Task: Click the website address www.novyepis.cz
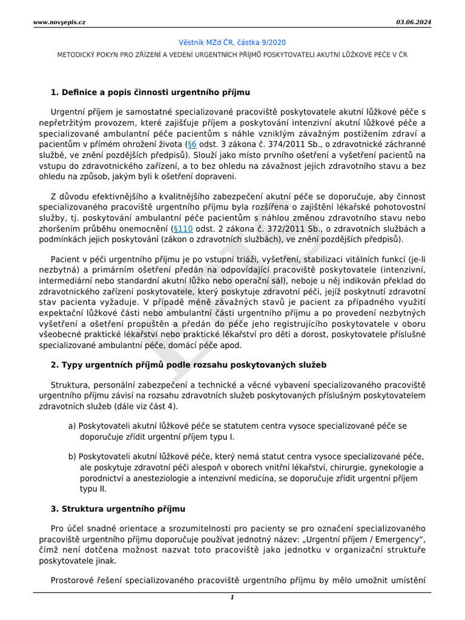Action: (59, 22)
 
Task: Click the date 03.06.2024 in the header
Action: (414, 22)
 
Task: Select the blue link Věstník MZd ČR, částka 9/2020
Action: (232, 42)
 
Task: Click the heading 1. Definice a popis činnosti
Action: (150, 92)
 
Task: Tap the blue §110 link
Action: (182, 229)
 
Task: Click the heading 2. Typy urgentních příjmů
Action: (188, 364)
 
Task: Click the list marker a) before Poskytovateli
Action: (72, 426)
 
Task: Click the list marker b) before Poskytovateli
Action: (72, 456)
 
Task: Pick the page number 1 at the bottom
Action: (232, 598)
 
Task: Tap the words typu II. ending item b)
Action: (93, 488)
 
